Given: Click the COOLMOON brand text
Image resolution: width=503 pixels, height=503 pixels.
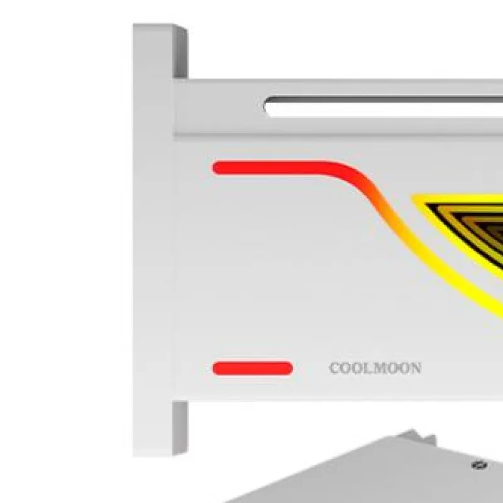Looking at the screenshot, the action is pyautogui.click(x=375, y=368).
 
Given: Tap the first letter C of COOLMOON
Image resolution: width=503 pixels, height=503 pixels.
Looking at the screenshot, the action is pyautogui.click(x=335, y=368).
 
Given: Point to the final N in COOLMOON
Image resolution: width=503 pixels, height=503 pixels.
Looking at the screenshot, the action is pyautogui.click(x=416, y=368).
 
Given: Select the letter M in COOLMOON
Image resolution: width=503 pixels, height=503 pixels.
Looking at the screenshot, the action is pyautogui.click(x=380, y=368).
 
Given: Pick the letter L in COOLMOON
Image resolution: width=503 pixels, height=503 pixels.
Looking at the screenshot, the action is pyautogui.click(x=368, y=368).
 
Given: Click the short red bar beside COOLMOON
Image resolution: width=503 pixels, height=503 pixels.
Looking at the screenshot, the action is pyautogui.click(x=253, y=368).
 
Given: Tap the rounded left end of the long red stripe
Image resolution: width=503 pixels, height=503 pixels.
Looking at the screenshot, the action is pyautogui.click(x=218, y=168).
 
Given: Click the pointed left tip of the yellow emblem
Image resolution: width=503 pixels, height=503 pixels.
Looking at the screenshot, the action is pyautogui.click(x=414, y=196).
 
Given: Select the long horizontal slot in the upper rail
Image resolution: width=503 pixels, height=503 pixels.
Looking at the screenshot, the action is pyautogui.click(x=384, y=106).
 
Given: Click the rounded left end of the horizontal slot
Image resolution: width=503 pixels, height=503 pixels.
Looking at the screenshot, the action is pyautogui.click(x=267, y=106).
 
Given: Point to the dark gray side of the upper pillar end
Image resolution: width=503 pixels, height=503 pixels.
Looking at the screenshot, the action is pyautogui.click(x=180, y=52).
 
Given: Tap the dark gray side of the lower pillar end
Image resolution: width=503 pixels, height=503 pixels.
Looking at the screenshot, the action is pyautogui.click(x=180, y=428).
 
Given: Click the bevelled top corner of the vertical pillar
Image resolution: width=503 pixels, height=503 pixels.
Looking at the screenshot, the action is pyautogui.click(x=180, y=27).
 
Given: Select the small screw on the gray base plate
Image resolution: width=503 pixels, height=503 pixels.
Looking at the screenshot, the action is pyautogui.click(x=479, y=465).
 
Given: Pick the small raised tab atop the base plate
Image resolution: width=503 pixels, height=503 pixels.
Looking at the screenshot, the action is pyautogui.click(x=417, y=436).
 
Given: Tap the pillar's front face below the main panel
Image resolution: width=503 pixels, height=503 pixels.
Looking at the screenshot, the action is pyautogui.click(x=153, y=428).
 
